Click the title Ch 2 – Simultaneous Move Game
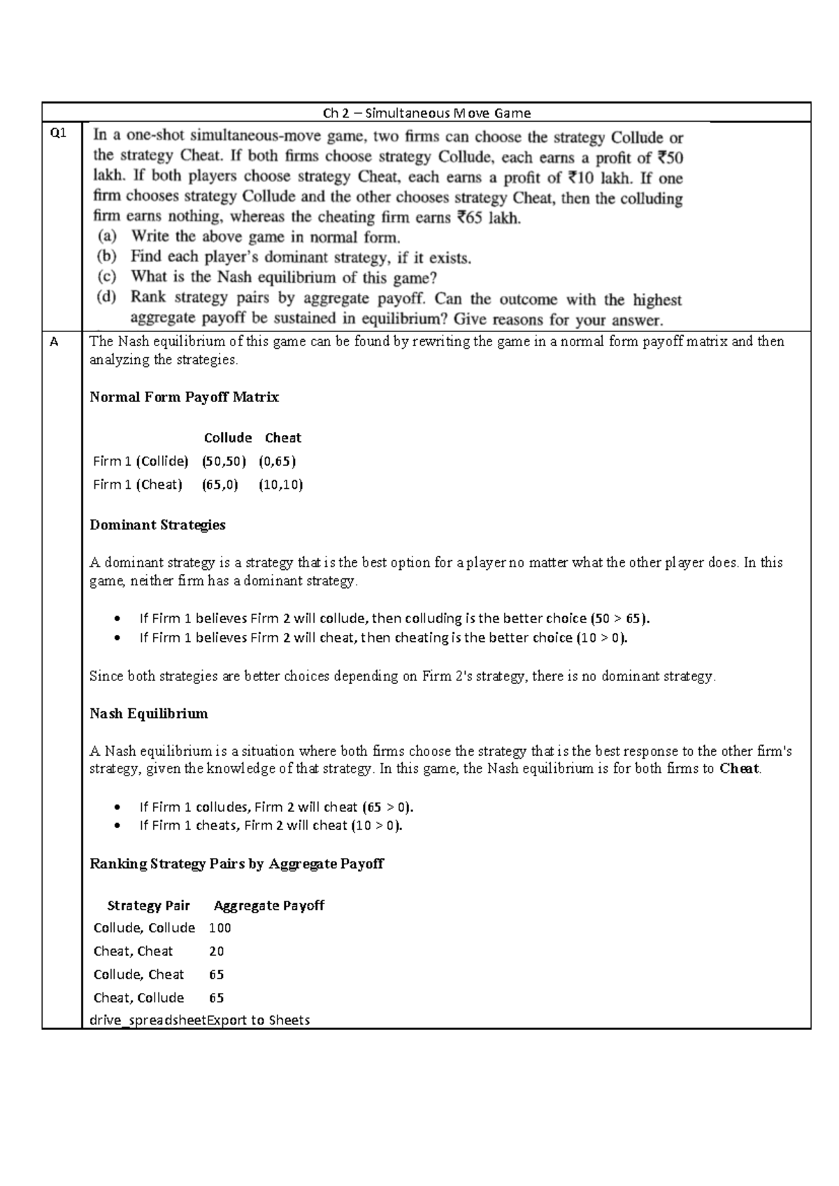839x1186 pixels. click(426, 113)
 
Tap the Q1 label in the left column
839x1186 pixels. click(59, 133)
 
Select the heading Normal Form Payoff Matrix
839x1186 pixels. click(184, 397)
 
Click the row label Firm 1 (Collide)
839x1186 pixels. click(141, 461)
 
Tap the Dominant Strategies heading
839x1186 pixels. click(157, 524)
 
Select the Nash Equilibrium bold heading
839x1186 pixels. click(148, 713)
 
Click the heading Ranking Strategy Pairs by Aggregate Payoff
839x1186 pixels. click(236, 864)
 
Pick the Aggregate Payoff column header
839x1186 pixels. click(268, 906)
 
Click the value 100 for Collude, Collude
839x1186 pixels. click(220, 928)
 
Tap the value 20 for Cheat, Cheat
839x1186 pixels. click(216, 951)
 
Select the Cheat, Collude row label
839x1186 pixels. click(138, 998)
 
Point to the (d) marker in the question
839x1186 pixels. click(106, 297)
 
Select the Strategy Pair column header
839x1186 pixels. click(148, 906)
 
